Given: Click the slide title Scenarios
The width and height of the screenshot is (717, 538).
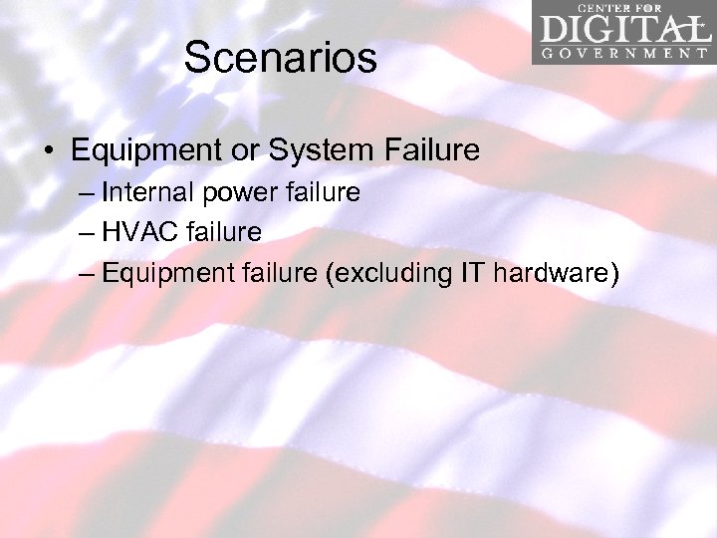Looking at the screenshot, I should point(280,58).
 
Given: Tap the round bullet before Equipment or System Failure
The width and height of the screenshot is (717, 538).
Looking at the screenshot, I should point(48,151).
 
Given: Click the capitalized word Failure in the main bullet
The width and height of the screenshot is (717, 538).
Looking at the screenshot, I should point(431,150).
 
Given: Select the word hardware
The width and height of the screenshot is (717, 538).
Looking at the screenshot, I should point(553,273).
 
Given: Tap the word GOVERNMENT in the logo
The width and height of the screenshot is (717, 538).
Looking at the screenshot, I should point(623,54).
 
